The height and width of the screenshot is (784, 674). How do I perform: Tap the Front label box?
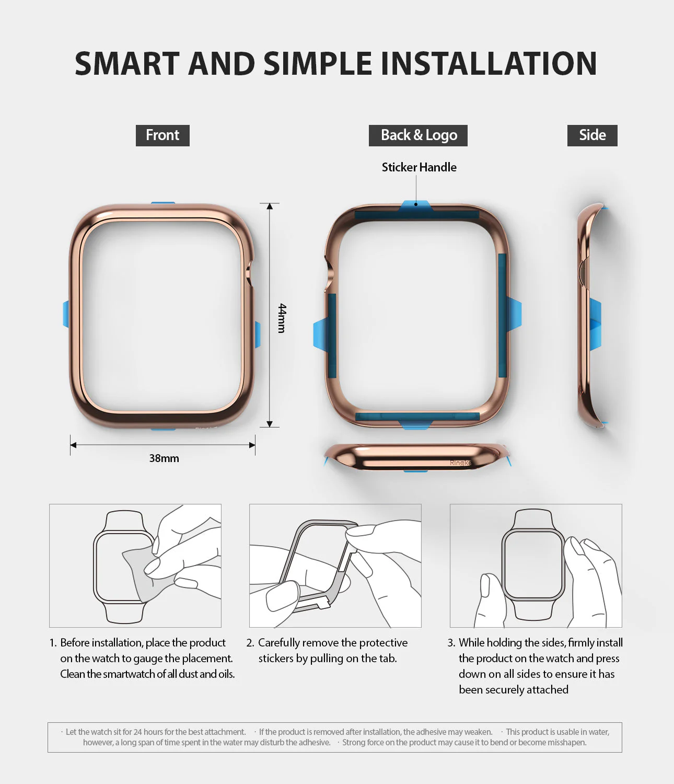click(x=162, y=135)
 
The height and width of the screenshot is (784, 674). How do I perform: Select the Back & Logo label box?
click(x=419, y=135)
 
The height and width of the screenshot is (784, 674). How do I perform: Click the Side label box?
click(x=592, y=135)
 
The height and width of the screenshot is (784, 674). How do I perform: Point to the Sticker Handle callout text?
click(x=419, y=167)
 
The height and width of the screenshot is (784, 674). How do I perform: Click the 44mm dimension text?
click(x=282, y=318)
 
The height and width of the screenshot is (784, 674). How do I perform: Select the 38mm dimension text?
click(x=164, y=458)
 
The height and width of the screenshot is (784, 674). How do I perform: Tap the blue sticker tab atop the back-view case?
click(x=416, y=205)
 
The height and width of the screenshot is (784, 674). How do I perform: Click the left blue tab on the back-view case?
click(x=320, y=335)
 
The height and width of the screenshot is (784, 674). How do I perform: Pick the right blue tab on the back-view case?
click(x=514, y=314)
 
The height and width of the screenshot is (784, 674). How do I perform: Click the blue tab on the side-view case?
click(x=596, y=324)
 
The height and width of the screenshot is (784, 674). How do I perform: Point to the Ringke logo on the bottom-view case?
click(x=460, y=463)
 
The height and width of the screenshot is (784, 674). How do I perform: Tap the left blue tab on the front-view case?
click(x=66, y=314)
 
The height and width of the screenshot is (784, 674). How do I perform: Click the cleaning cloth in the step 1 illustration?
click(x=141, y=572)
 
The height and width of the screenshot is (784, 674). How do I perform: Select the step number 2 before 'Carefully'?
click(x=250, y=643)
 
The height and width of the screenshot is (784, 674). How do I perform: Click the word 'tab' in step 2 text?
click(x=387, y=659)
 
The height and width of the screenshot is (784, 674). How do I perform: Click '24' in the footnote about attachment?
click(x=137, y=732)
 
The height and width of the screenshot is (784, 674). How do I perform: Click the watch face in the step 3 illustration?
click(x=532, y=564)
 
